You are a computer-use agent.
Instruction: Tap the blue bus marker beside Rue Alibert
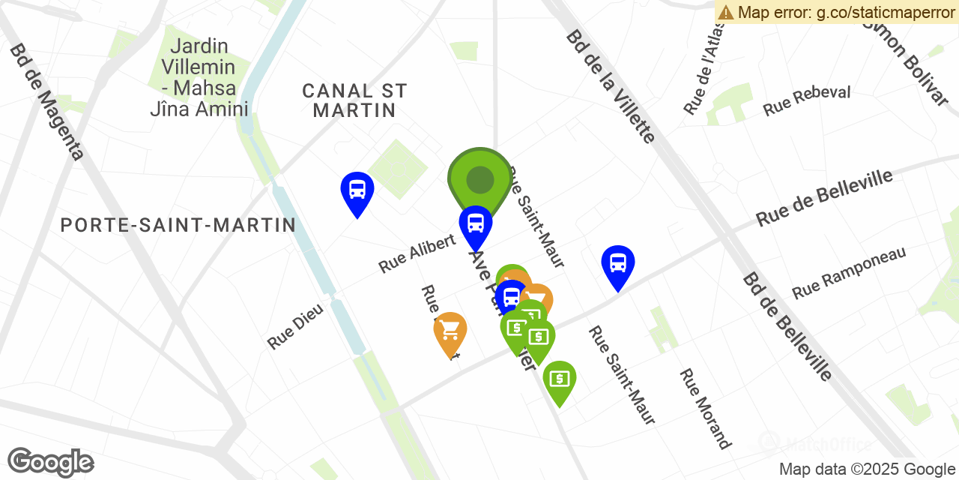coord(475,224)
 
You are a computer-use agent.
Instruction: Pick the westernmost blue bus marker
coord(357,190)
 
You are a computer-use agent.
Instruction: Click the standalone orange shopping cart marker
coord(450,331)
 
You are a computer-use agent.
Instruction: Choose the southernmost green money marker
coord(559,379)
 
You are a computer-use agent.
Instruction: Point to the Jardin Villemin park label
coord(199,78)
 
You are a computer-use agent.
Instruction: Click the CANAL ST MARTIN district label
coord(354,100)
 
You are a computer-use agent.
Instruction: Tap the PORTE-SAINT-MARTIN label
coord(178,225)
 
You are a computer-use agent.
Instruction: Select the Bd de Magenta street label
coord(46,102)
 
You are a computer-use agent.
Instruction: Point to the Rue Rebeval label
coord(806,100)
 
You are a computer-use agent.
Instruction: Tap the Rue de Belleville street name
coord(824,197)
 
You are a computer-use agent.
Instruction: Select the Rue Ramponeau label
coord(849,272)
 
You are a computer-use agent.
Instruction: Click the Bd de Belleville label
coord(787,326)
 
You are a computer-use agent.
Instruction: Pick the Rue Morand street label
coord(704,409)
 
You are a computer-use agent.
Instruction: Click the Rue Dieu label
coord(295,326)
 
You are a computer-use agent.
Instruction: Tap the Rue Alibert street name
coord(417,253)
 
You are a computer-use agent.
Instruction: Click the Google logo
coord(50,462)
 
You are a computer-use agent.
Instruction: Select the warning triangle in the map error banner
coord(725,12)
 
